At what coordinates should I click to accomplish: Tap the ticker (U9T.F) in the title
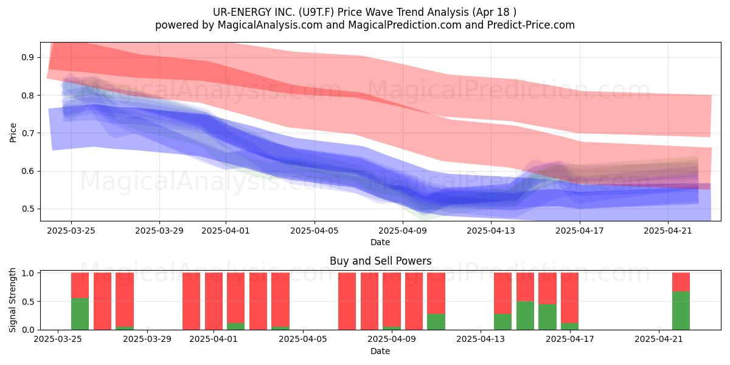pos(315,12)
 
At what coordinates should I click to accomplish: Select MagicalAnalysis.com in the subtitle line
pos(270,25)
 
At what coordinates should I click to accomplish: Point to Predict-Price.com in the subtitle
pos(531,25)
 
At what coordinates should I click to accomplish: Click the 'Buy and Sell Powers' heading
pos(380,261)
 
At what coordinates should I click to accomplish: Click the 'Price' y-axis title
pos(13,133)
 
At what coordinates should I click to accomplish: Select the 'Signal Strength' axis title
pos(12,300)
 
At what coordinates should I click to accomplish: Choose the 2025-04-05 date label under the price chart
pos(315,231)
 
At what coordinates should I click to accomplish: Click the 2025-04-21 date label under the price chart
pos(668,231)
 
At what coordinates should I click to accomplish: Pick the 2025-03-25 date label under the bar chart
pos(58,339)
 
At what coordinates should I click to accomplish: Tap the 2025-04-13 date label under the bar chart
pos(481,339)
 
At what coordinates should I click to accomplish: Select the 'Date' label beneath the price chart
pos(380,242)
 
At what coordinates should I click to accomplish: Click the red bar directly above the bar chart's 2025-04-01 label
pos(214,301)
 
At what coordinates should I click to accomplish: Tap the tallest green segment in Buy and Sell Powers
pos(681,311)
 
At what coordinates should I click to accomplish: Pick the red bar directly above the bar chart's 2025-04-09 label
pos(392,299)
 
